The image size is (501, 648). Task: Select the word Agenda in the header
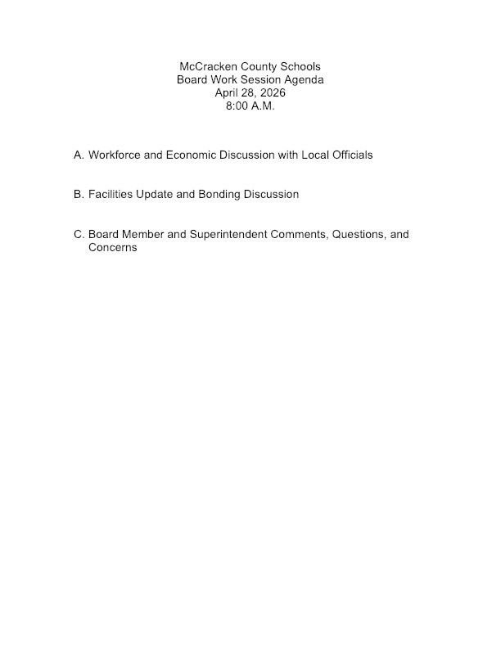(x=304, y=80)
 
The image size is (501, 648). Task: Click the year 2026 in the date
(x=271, y=93)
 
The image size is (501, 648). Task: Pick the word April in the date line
(x=228, y=93)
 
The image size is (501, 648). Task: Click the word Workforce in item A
(x=116, y=155)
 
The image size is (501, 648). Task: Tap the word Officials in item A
(x=350, y=155)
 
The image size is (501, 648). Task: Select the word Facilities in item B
(x=113, y=195)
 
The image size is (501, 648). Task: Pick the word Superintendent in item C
(x=229, y=235)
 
